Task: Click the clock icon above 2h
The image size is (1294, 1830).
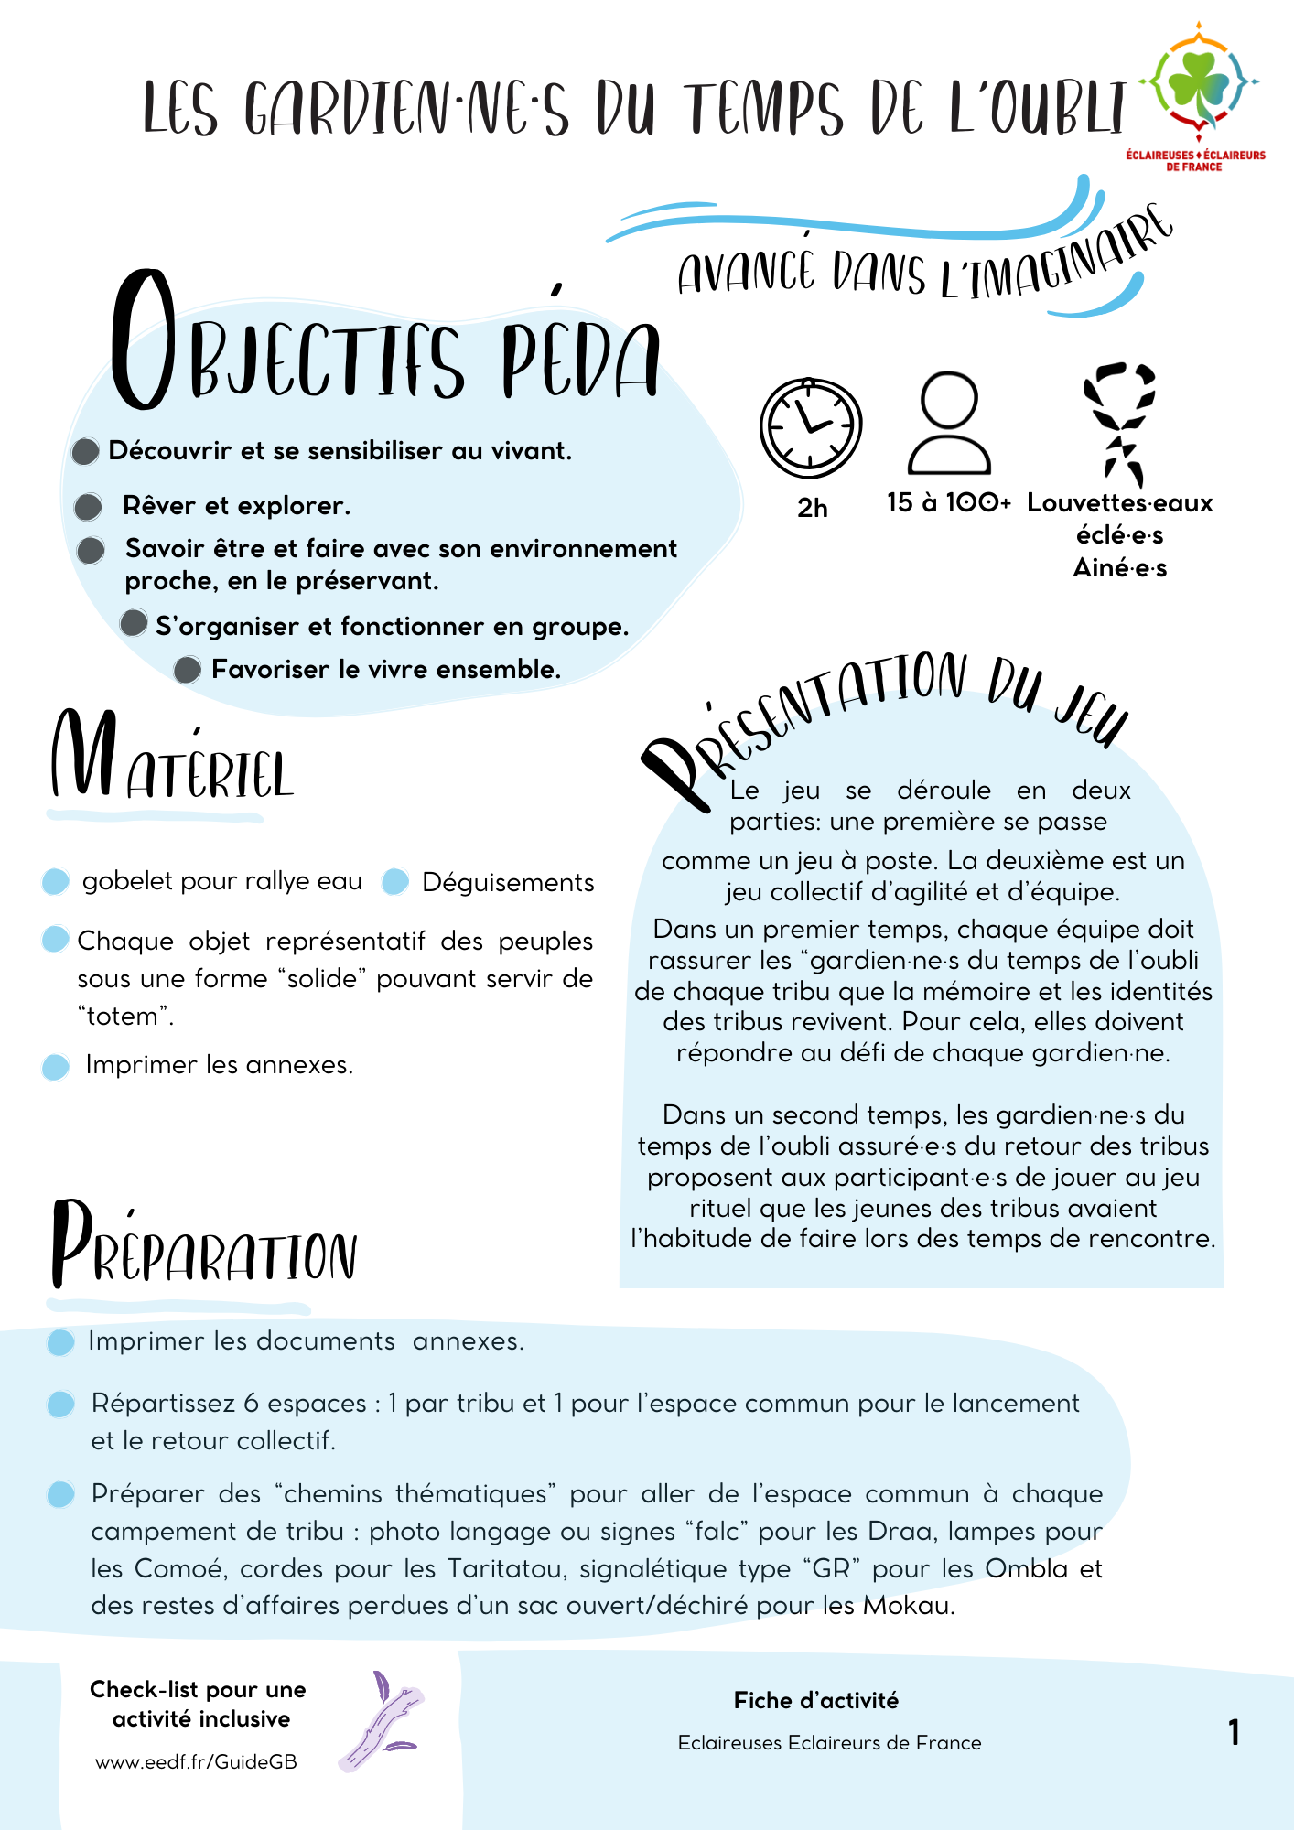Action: pos(811,427)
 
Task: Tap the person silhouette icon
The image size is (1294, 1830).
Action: pos(949,423)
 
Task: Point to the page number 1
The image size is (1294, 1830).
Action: pos(1234,1732)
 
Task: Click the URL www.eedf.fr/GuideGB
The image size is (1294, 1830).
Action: pos(196,1762)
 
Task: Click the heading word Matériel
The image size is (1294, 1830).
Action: pos(172,758)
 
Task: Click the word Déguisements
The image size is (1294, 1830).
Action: pos(508,883)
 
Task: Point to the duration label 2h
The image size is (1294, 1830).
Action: pos(813,508)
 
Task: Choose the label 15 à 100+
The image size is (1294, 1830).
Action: pos(949,502)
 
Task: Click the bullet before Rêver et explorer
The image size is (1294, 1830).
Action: pos(89,506)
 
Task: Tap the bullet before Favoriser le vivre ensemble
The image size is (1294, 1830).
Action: pos(188,670)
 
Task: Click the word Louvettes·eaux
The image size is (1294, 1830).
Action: pos(1119,503)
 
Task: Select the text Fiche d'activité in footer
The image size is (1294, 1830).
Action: pos(815,1700)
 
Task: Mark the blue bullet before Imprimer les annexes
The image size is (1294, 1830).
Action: pos(56,1066)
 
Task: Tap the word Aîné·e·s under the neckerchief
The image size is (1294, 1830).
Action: pos(1119,568)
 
